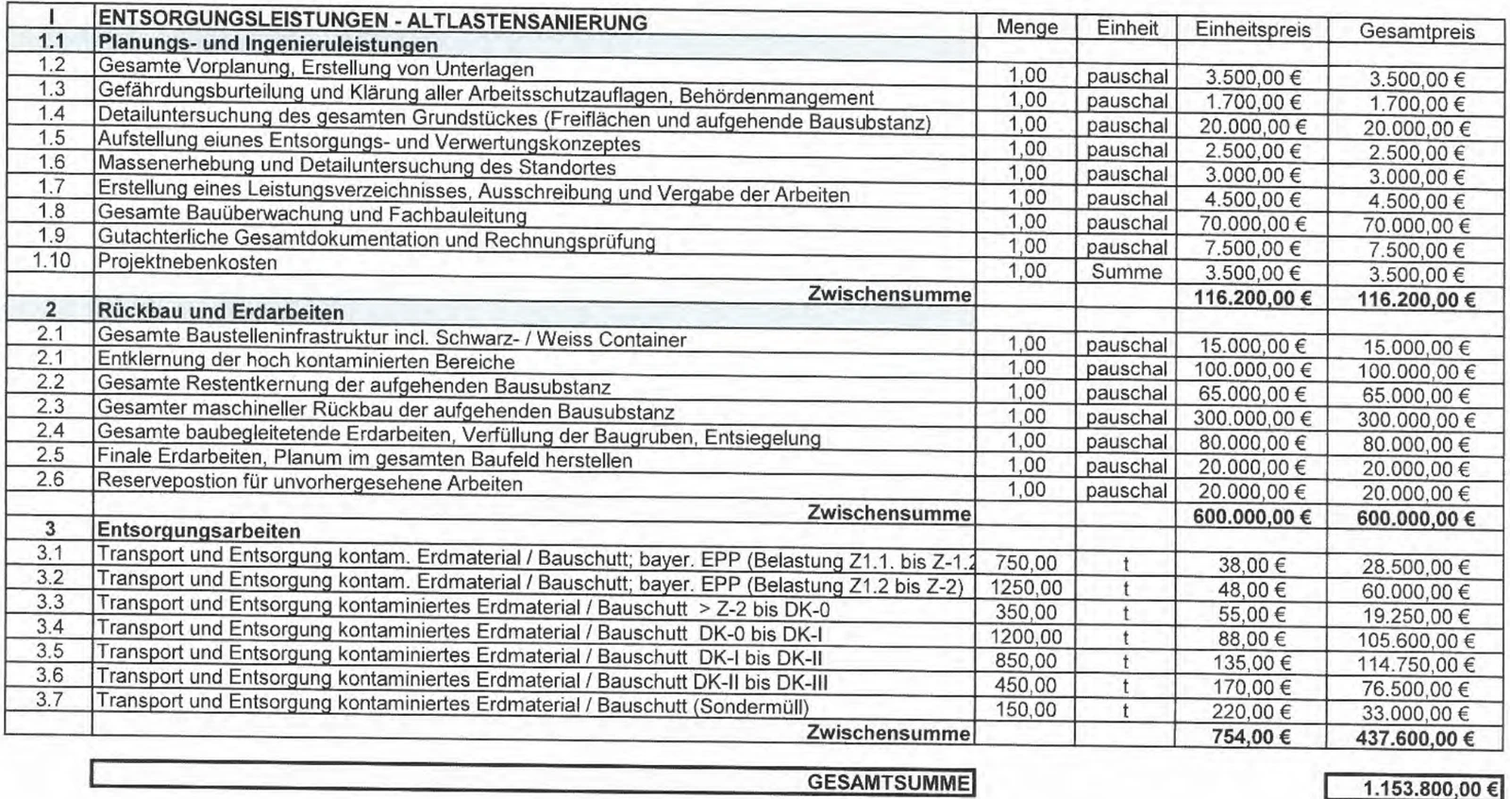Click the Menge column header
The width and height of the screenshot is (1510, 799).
pos(1027,27)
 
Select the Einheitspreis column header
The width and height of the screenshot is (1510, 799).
pos(1252,29)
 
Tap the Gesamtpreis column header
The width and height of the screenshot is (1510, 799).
pos(1417,31)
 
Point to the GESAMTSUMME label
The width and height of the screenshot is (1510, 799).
pos(888,783)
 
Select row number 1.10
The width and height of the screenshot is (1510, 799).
pos(51,260)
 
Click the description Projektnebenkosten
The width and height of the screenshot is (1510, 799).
pos(188,262)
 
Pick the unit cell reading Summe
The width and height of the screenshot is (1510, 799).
pos(1126,272)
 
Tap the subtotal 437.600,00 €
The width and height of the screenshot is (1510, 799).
pos(1415,739)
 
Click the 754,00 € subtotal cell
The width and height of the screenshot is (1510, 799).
pos(1251,737)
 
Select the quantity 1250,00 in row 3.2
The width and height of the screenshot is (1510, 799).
pos(1025,587)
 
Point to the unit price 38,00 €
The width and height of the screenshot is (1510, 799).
pos(1251,565)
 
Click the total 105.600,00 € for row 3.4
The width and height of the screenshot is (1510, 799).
pos(1415,640)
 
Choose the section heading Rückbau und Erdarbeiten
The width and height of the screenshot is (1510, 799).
pos(221,312)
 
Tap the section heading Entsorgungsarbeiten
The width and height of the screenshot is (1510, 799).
pos(199,531)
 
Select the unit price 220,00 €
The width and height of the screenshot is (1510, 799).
pos(1251,711)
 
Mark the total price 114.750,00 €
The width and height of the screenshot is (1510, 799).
pos(1415,665)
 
